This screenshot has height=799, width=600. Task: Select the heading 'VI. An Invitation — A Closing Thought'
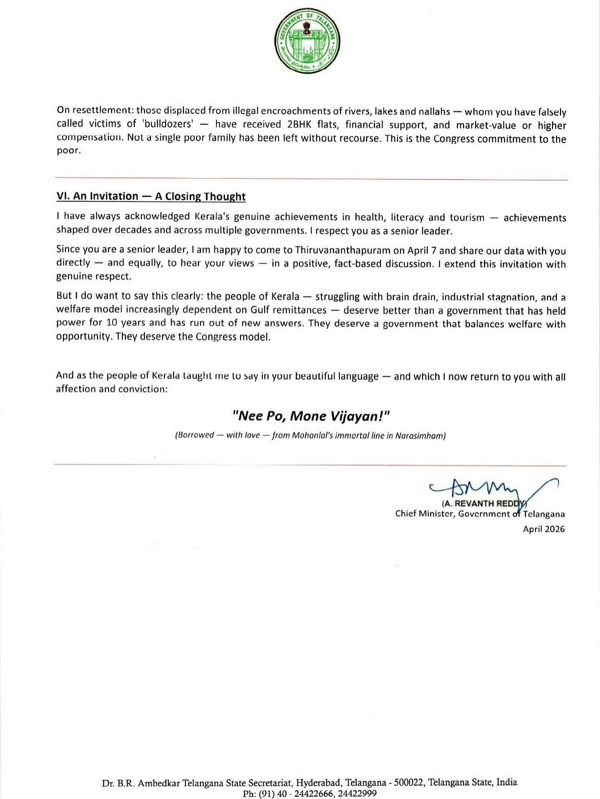[151, 196]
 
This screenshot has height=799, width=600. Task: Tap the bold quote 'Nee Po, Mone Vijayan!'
[310, 416]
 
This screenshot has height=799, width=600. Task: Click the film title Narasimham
[420, 435]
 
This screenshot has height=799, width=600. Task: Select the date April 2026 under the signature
[543, 529]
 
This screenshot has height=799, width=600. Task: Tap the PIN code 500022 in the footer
[408, 783]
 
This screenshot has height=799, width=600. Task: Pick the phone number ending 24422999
[357, 794]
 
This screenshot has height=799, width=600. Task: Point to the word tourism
[466, 217]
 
